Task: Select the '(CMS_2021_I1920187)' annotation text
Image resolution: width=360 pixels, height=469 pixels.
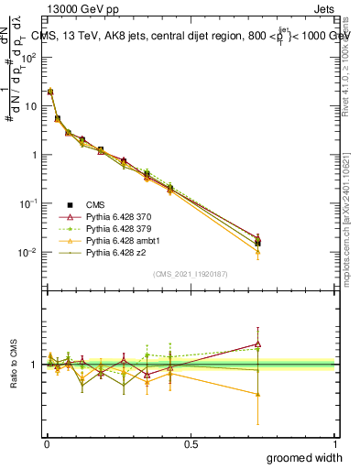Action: pyautogui.click(x=191, y=274)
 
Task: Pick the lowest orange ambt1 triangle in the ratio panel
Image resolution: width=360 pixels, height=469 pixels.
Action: pyautogui.click(x=258, y=395)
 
